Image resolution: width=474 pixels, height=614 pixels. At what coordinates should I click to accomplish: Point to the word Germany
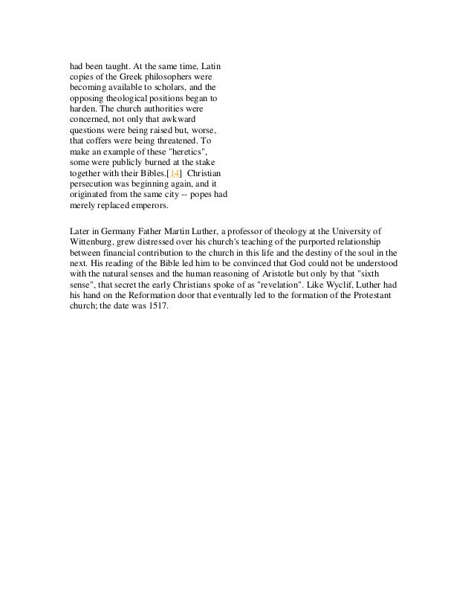coord(111,231)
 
